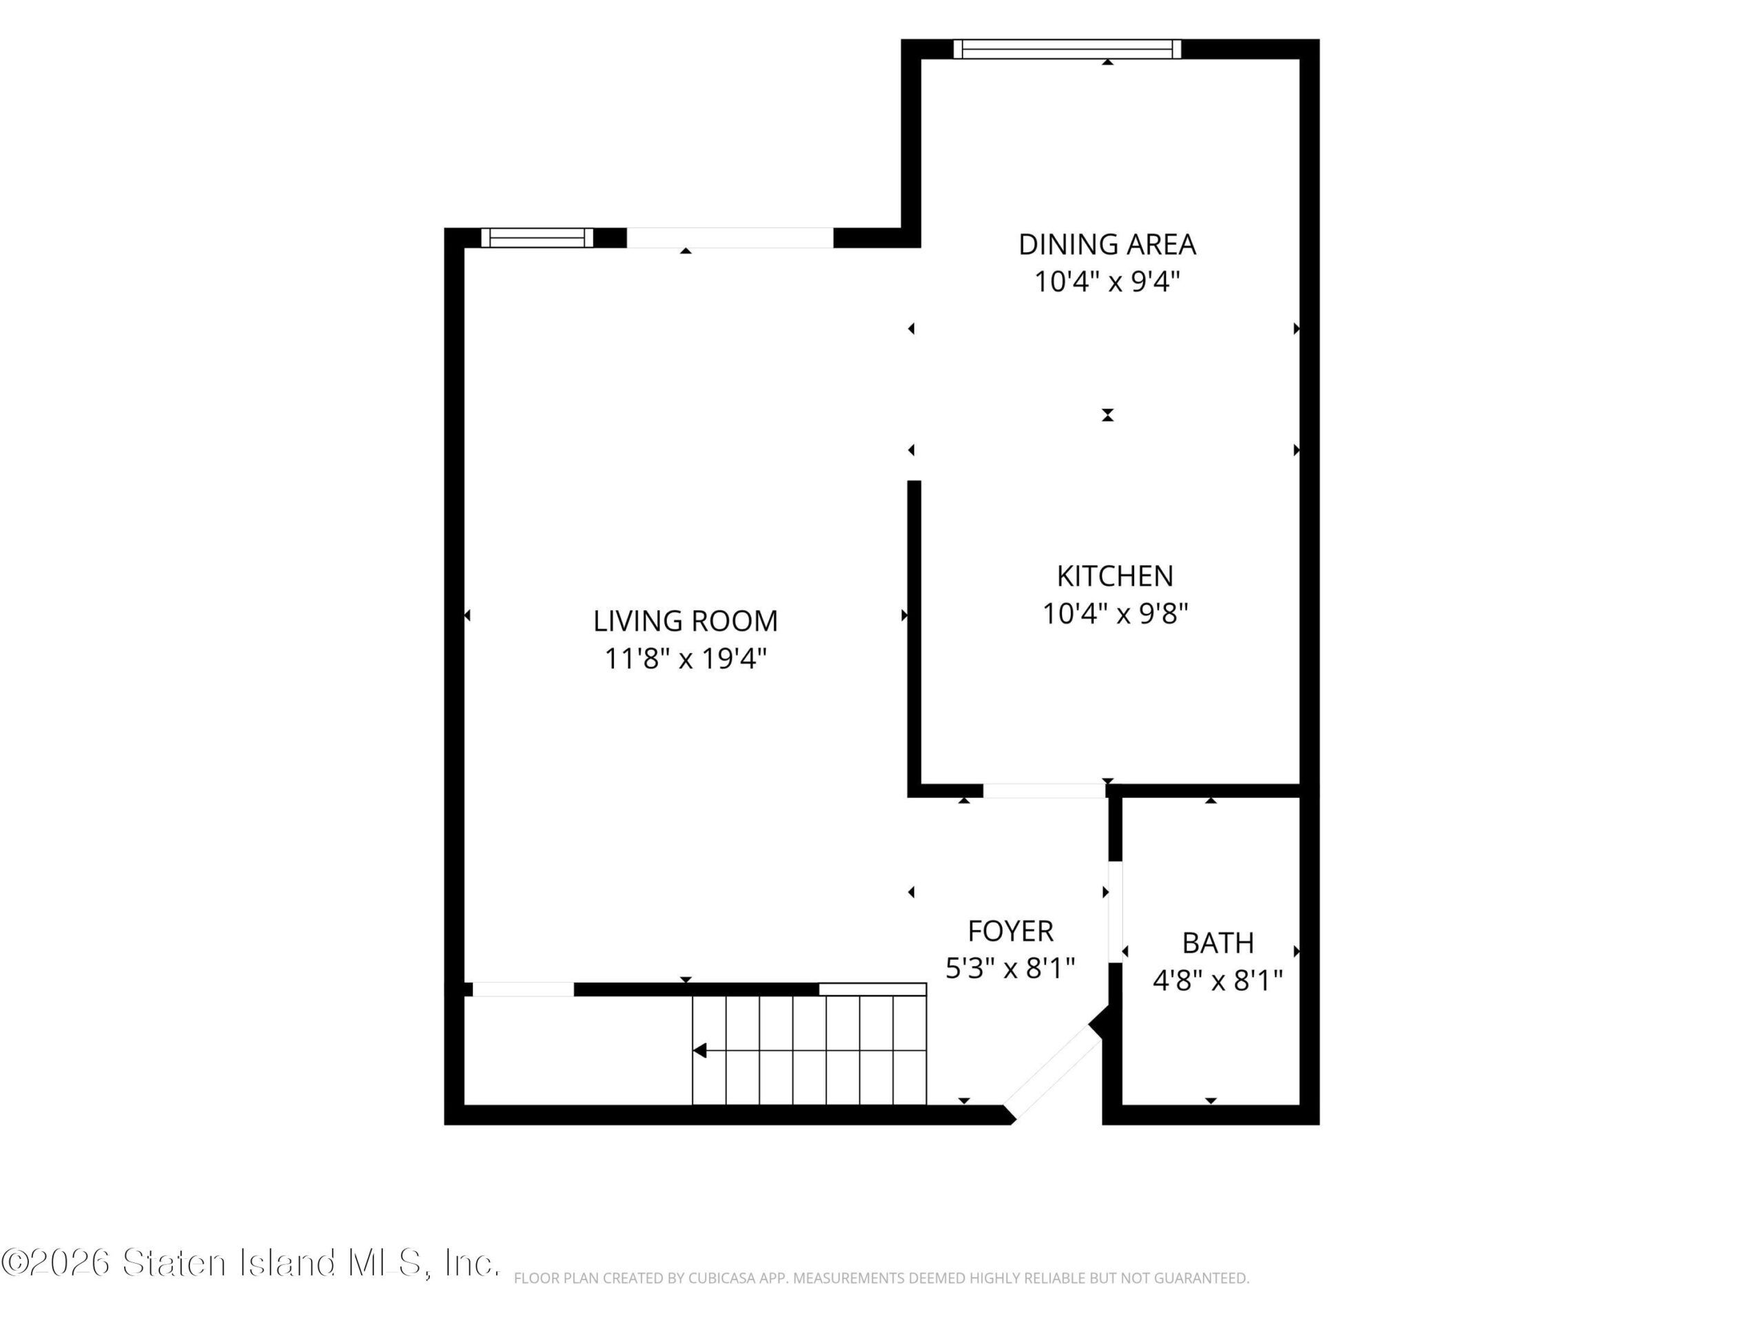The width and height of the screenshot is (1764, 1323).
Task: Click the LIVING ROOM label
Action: (685, 620)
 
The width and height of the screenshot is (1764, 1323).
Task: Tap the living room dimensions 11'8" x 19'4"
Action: (685, 659)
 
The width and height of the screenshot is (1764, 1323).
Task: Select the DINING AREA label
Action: (1107, 244)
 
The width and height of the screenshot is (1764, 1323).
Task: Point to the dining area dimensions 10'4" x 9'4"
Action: (1107, 282)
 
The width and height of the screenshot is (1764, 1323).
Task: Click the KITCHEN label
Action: (1115, 576)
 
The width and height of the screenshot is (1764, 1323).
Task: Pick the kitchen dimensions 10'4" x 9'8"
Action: (1115, 613)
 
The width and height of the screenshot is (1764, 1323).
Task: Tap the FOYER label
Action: (1010, 931)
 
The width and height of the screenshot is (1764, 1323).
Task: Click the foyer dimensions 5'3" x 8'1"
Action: (1010, 968)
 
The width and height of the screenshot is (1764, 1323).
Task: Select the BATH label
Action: (1218, 943)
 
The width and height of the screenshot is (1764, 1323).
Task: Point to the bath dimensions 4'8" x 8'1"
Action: (1218, 980)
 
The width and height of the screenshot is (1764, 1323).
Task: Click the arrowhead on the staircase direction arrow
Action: (699, 1050)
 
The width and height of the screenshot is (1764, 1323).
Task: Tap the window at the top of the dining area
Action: (1067, 49)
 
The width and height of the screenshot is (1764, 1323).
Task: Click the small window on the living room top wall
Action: (537, 238)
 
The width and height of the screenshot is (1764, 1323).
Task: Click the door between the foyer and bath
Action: (1115, 912)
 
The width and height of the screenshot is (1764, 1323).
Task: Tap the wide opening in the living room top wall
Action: (730, 238)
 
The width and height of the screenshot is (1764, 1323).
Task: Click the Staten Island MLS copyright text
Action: (249, 1262)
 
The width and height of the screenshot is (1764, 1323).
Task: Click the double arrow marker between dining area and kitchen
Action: (1107, 415)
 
